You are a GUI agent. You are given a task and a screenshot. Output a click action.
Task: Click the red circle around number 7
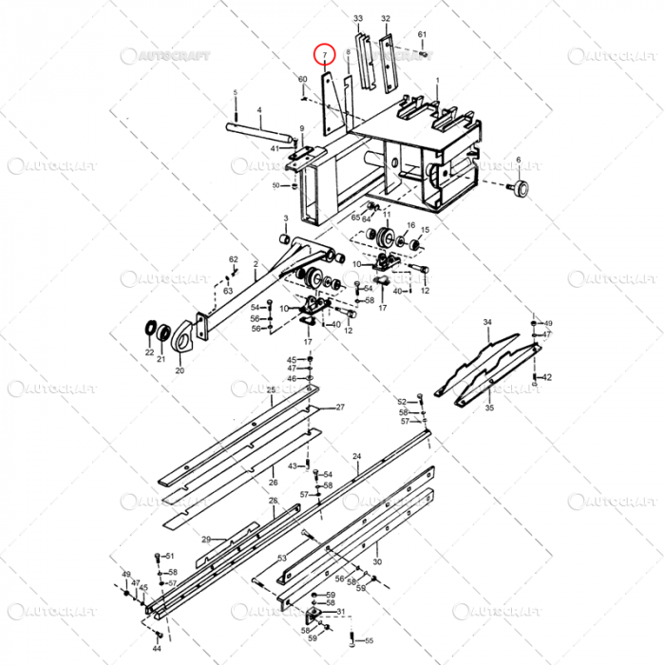point(325,55)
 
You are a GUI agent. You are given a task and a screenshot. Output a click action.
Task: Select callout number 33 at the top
point(358,19)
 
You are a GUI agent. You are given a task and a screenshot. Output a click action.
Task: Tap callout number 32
point(385,19)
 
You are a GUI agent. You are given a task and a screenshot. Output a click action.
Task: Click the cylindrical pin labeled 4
point(259,124)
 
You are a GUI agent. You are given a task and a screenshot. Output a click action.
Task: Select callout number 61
point(422,35)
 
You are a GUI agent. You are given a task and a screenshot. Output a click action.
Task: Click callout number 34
point(487,323)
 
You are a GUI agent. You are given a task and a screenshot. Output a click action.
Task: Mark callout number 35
point(489,408)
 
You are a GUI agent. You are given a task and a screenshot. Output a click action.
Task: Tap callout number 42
point(547,377)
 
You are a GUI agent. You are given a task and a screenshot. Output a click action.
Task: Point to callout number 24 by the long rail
point(356,457)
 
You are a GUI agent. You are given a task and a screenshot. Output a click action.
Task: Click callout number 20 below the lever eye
point(180,370)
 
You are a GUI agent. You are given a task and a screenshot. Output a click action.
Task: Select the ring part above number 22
point(150,331)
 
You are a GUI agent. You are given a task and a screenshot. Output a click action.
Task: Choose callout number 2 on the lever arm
point(255,263)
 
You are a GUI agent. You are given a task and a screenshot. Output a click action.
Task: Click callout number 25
point(271,390)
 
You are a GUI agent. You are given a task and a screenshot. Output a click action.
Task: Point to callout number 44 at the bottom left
point(157,649)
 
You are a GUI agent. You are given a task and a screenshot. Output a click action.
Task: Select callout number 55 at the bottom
point(370,641)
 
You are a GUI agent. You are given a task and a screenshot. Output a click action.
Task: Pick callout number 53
point(282,559)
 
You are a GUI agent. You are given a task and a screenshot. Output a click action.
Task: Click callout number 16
point(410,225)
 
